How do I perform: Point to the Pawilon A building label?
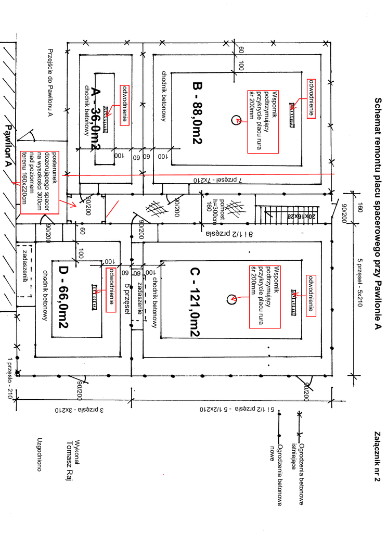(9, 145)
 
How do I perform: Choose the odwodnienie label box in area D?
(110, 290)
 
